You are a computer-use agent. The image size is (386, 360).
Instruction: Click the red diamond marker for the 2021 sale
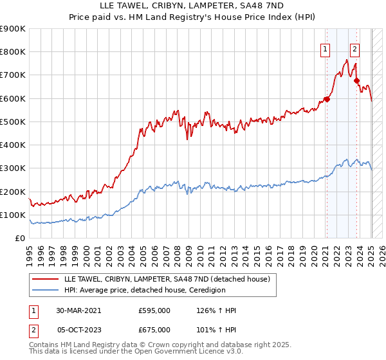[327, 99]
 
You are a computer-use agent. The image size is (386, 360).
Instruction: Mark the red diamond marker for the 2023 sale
[356, 80]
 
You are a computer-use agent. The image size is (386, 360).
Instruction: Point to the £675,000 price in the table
[154, 330]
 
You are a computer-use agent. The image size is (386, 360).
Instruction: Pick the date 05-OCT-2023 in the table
[79, 330]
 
